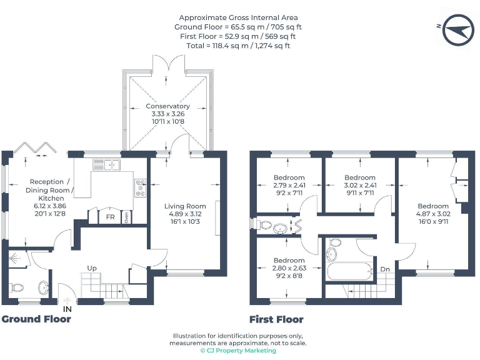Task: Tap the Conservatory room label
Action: [168, 106]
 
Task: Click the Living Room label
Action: [185, 206]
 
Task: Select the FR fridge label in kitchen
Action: [110, 217]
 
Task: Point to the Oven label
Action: [127, 217]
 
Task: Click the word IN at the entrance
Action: [67, 308]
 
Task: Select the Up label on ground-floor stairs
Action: [92, 268]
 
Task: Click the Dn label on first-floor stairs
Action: [385, 270]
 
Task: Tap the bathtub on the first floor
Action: [349, 272]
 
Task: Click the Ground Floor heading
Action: [36, 319]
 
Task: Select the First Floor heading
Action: [276, 319]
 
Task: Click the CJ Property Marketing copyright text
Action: [238, 351]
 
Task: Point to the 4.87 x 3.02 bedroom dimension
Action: [433, 213]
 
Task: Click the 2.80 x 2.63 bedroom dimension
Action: [289, 267]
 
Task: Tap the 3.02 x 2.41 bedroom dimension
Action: [360, 185]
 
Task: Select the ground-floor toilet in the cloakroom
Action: [17, 288]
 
